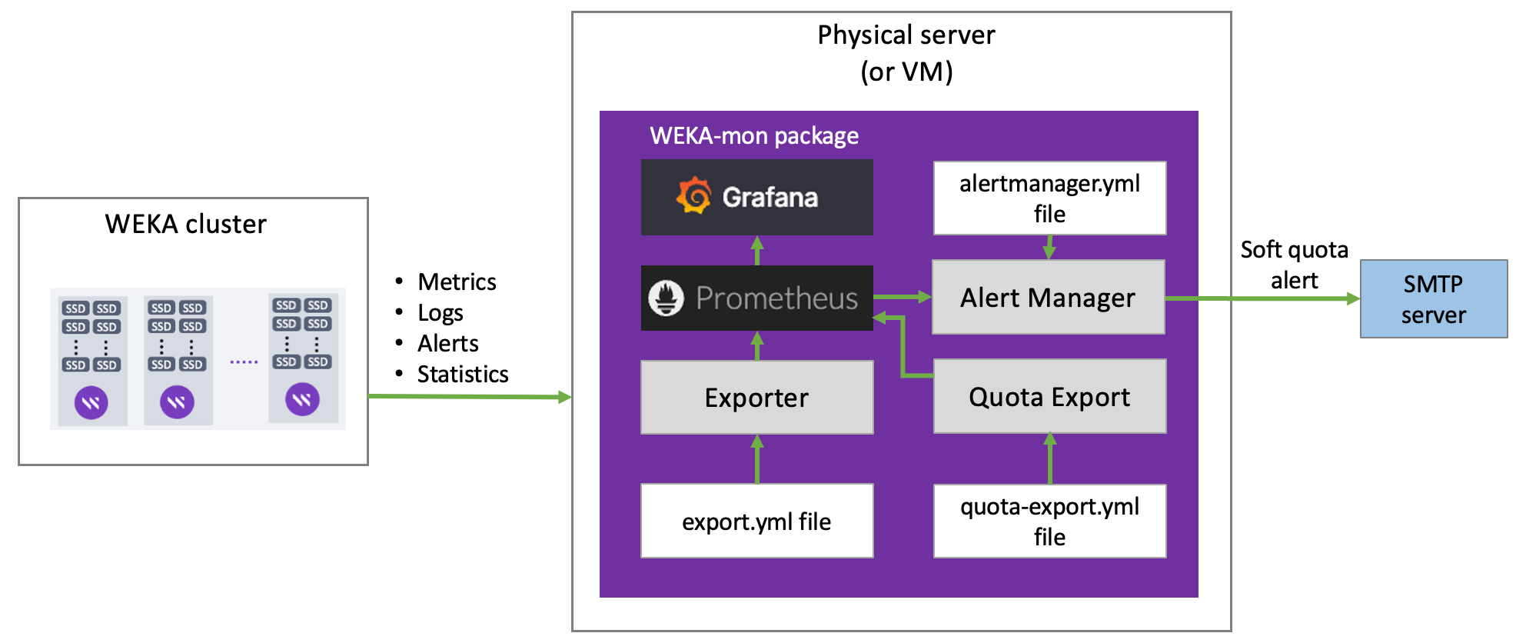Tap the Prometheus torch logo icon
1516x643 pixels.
[x=666, y=298]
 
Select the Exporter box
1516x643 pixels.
[x=756, y=398]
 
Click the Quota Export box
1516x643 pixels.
[x=1049, y=397]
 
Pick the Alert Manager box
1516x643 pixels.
[x=1048, y=298]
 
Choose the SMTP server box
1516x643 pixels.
[x=1433, y=299]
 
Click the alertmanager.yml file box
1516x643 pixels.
[x=1049, y=198]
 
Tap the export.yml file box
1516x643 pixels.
[x=756, y=521]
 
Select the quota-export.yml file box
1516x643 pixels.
[x=1049, y=521]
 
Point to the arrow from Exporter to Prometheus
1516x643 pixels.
[x=757, y=346]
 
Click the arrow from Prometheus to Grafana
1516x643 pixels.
[x=757, y=251]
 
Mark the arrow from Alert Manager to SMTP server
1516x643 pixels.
[x=1262, y=298]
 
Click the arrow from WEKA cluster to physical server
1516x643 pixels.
[x=469, y=396]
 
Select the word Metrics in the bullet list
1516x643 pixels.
[x=457, y=282]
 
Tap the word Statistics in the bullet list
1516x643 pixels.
[x=463, y=375]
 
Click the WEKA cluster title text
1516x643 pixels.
[x=185, y=225]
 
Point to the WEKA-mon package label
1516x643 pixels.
[x=753, y=136]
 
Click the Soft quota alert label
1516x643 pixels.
[x=1294, y=265]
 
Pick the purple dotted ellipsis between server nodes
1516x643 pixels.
[x=244, y=361]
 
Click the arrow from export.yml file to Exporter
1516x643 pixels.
[x=757, y=459]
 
